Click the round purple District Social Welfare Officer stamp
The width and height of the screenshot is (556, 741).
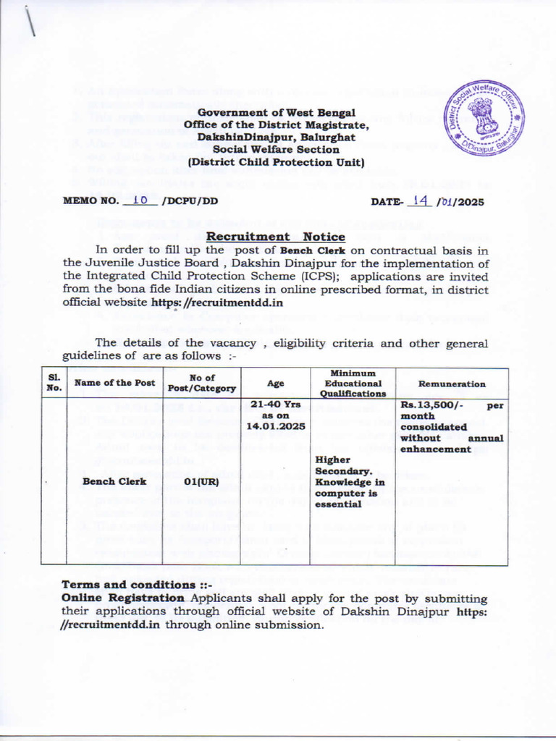(x=484, y=114)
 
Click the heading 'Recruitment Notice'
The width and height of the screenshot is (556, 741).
(x=276, y=237)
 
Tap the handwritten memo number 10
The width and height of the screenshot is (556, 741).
(x=141, y=200)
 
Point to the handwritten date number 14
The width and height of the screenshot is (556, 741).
(x=417, y=200)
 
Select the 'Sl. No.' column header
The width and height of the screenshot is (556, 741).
(x=54, y=383)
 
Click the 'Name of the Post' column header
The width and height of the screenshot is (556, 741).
(x=114, y=384)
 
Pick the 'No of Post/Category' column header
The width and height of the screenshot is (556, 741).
(x=202, y=383)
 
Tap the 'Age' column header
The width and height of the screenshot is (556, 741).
(x=276, y=384)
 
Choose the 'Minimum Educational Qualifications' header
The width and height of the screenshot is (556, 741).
(x=353, y=383)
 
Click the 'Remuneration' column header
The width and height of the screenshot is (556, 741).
(x=451, y=384)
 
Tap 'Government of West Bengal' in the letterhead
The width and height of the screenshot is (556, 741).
(x=277, y=113)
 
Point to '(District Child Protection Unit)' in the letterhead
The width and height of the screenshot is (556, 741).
(x=277, y=162)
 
